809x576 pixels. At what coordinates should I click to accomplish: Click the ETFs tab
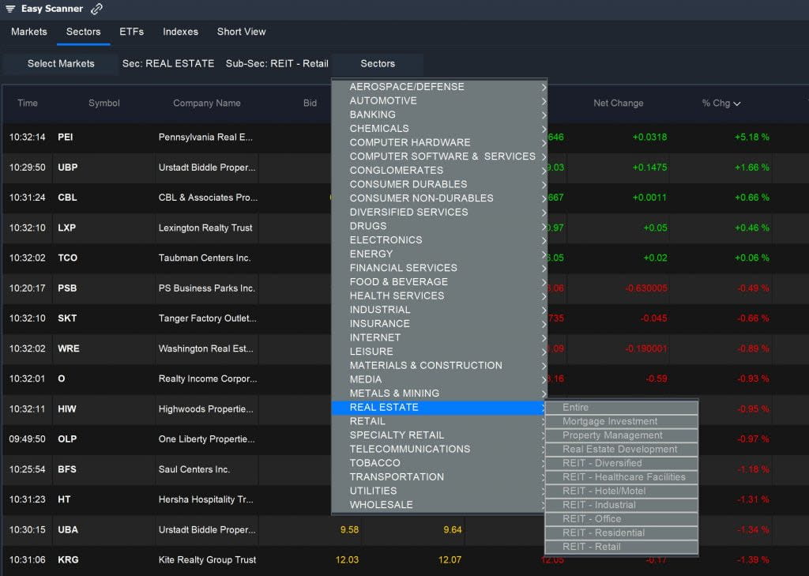131,32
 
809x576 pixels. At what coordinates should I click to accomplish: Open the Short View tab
241,32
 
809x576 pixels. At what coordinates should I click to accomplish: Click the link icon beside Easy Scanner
96,9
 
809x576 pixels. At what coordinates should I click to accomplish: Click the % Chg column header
721,103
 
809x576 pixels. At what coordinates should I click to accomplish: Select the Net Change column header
618,103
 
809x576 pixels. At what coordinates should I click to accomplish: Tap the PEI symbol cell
66,137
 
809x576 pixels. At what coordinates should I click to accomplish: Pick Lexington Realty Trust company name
205,228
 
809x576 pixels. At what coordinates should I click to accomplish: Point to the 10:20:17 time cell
27,288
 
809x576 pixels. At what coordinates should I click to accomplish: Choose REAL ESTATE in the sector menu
384,407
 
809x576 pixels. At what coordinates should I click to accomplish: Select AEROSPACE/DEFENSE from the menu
407,87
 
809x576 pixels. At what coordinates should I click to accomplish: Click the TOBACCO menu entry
374,463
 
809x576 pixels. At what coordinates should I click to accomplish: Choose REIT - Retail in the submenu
591,547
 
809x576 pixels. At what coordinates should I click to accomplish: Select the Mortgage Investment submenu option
609,421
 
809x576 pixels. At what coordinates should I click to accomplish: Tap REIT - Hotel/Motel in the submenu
604,491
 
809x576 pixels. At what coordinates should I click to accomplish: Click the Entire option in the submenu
575,407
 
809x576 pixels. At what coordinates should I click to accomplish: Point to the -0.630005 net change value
645,288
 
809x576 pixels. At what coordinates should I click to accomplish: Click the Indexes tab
180,32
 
